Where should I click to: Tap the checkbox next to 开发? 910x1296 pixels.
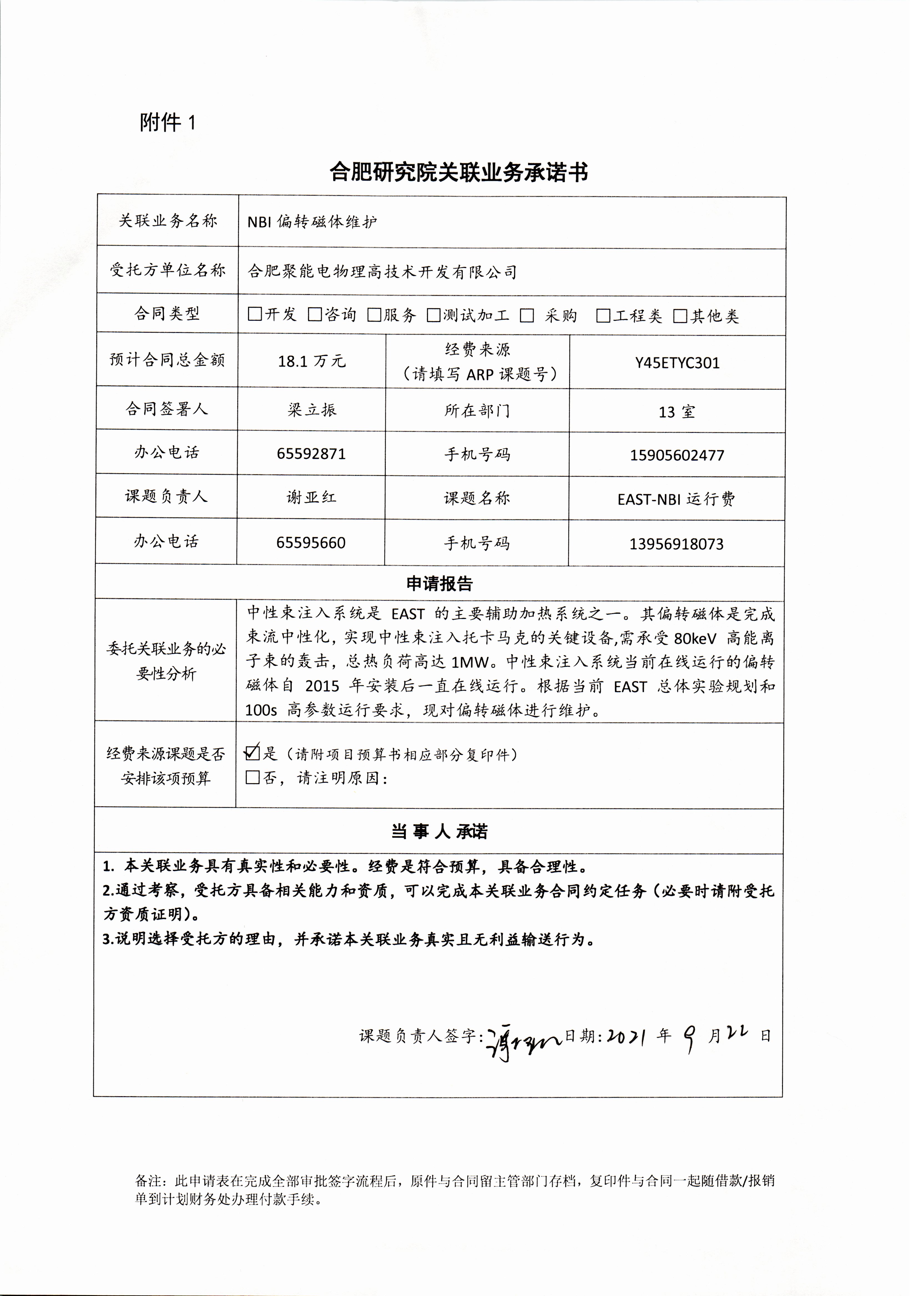tap(254, 314)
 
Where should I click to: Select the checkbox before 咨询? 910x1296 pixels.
tap(314, 314)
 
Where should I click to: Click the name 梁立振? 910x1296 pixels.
tap(312, 410)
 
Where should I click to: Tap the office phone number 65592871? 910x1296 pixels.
tap(311, 454)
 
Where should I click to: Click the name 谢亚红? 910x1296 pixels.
tap(311, 497)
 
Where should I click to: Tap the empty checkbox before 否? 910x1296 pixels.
tap(252, 777)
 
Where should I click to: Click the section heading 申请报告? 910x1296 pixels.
tap(439, 583)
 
